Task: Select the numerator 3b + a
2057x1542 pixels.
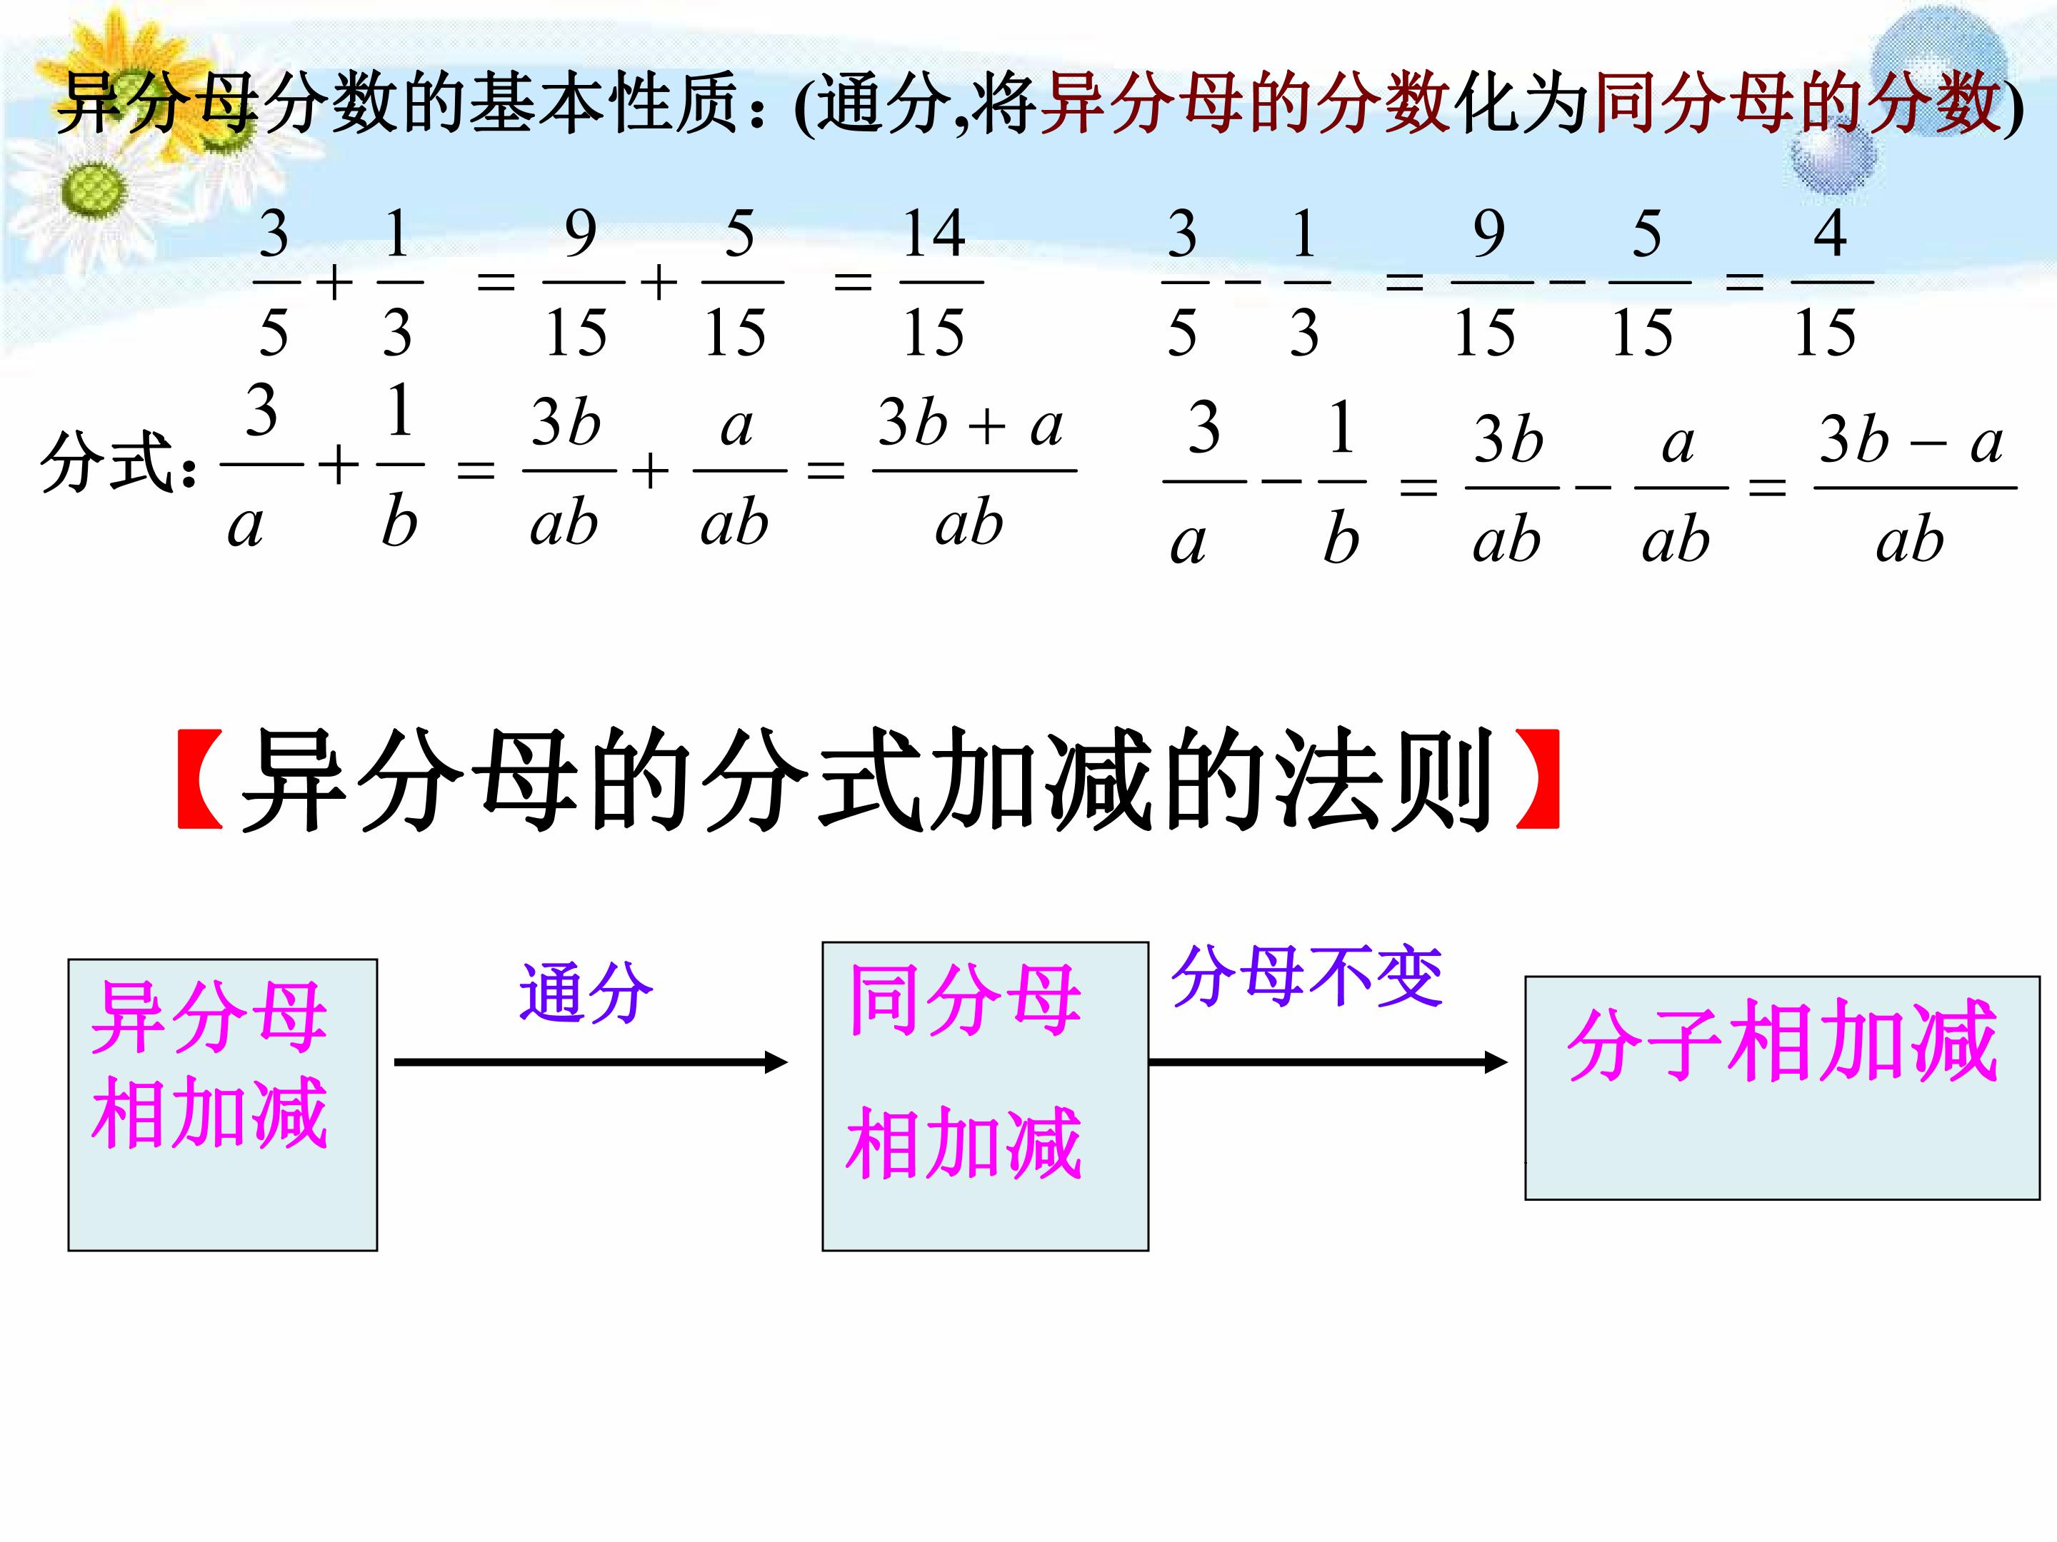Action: click(x=971, y=424)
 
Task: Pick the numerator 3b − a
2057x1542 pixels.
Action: click(x=1910, y=440)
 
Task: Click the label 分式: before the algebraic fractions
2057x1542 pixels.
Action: click(x=118, y=462)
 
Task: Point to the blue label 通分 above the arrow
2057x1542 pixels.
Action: click(x=586, y=993)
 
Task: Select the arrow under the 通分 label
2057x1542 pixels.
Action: click(x=591, y=1062)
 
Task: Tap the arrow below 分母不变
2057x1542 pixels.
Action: click(x=1328, y=1062)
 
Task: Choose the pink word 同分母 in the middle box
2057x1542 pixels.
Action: click(x=965, y=1000)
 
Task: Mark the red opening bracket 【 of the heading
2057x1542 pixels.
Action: click(x=200, y=779)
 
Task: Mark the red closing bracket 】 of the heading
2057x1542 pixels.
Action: click(x=1537, y=779)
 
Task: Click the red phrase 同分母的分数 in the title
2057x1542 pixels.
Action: click(x=1796, y=102)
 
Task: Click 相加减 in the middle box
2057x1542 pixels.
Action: click(x=964, y=1142)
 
